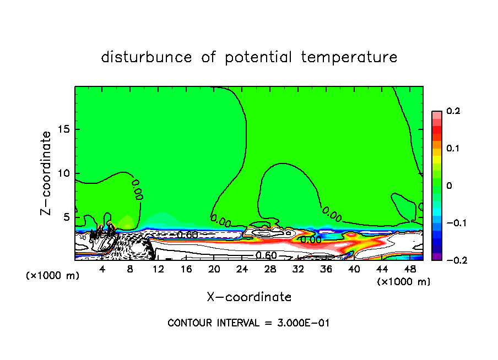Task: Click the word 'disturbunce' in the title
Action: pyautogui.click(x=147, y=57)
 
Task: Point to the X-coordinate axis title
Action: pyautogui.click(x=249, y=297)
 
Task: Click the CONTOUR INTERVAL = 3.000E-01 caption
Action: pyautogui.click(x=248, y=323)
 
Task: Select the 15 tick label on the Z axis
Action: pyautogui.click(x=64, y=129)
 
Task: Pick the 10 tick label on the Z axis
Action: pyautogui.click(x=64, y=173)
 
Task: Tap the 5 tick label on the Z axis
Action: pyautogui.click(x=67, y=217)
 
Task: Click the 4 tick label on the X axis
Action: pyautogui.click(x=102, y=269)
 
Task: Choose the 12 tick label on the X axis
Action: pyautogui.click(x=158, y=269)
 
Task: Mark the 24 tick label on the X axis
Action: pyautogui.click(x=242, y=269)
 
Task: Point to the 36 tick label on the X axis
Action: pyautogui.click(x=326, y=269)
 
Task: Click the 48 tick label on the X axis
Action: pyautogui.click(x=409, y=269)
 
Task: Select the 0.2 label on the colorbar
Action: pyautogui.click(x=453, y=111)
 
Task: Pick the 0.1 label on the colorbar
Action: pyautogui.click(x=453, y=149)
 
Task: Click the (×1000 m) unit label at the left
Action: pyautogui.click(x=53, y=276)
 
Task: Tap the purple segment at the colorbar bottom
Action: pyautogui.click(x=436, y=257)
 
